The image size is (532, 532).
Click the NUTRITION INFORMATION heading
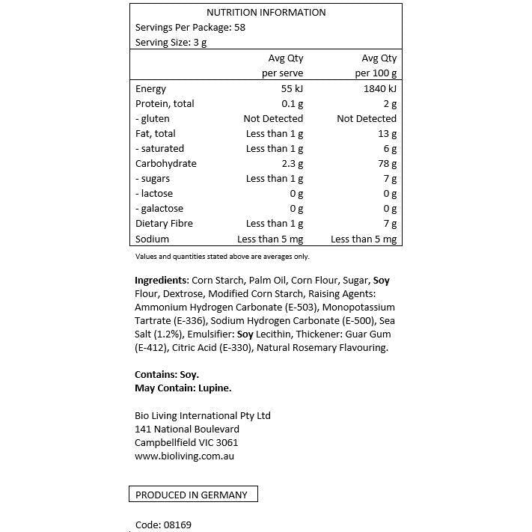[x=266, y=12]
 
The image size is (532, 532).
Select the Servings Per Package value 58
[x=239, y=28]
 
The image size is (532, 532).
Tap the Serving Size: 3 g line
[x=171, y=43]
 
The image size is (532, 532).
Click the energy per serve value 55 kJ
[x=288, y=89]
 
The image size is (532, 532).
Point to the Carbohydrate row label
[x=165, y=164]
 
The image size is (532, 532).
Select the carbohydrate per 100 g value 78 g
[x=388, y=164]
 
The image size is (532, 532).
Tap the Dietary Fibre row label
[x=164, y=224]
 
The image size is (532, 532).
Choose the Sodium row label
[x=152, y=239]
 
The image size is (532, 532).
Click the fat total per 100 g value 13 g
[x=388, y=134]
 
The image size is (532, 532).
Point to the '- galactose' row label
[x=159, y=209]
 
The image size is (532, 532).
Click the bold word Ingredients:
[x=162, y=281]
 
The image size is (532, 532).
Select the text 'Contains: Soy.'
[x=167, y=374]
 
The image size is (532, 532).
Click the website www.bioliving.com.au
[x=184, y=456]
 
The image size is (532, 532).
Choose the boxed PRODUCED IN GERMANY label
[x=192, y=495]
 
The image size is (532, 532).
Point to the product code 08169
[x=177, y=525]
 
